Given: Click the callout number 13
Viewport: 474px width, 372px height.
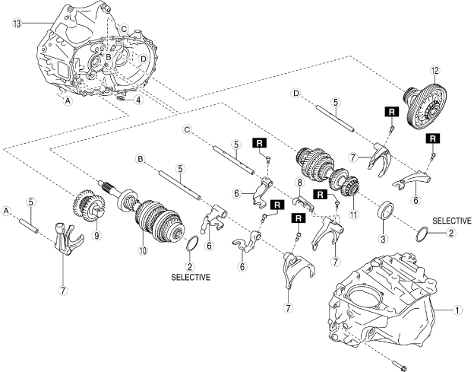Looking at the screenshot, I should [x=16, y=23].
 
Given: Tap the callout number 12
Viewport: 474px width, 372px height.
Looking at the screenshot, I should [x=434, y=71].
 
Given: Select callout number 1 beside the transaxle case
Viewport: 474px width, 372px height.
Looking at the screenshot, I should [x=457, y=310].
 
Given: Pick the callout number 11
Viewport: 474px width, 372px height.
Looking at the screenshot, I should [x=352, y=215].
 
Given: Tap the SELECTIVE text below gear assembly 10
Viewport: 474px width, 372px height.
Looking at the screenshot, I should [x=191, y=277].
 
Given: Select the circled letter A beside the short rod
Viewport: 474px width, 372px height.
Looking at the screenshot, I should [x=6, y=209].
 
